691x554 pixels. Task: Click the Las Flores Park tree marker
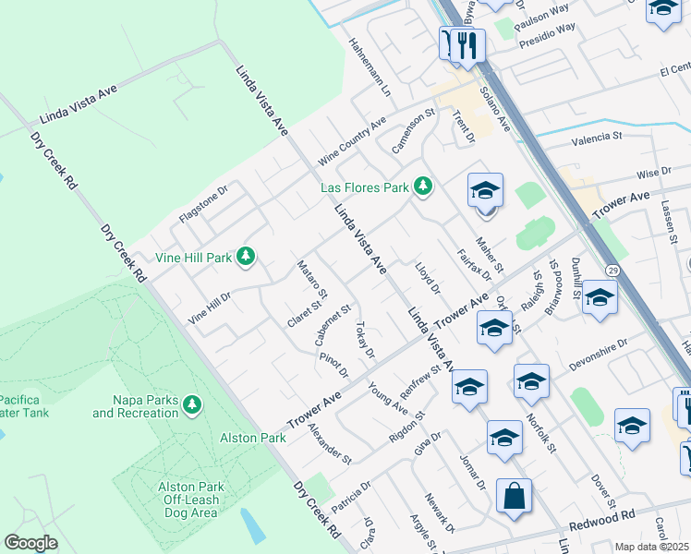point(423,187)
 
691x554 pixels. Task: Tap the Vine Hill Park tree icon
point(245,256)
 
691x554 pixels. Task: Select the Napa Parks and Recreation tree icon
point(192,404)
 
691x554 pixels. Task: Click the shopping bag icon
point(514,497)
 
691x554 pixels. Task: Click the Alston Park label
point(253,438)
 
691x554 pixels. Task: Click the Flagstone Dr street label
point(203,208)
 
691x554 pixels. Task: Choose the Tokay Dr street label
point(364,340)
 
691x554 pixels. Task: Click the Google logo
point(31,542)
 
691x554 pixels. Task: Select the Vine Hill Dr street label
point(209,306)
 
